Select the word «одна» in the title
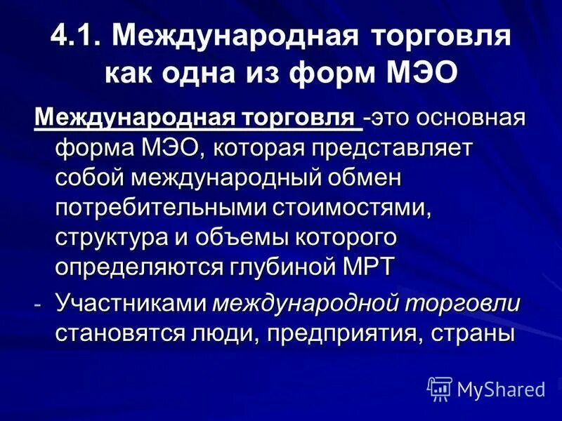pos(204,73)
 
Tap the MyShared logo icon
pos(439,387)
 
